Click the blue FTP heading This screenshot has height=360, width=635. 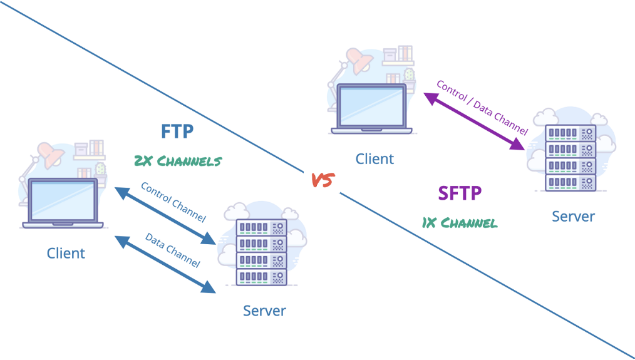coord(177,131)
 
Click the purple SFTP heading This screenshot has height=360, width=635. coord(460,193)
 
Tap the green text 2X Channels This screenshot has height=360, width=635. coord(178,161)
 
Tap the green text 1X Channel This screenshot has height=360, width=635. coord(460,222)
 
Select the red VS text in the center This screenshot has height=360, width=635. coord(323,180)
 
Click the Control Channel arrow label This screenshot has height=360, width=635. coord(173,202)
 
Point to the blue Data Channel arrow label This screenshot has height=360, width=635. coord(172,250)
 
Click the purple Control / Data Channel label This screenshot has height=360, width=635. coord(482,107)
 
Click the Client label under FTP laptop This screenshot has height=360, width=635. coord(66,254)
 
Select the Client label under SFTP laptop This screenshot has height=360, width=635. coord(374,159)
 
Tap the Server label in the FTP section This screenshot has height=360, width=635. coord(264,311)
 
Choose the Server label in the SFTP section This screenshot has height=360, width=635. coord(573,217)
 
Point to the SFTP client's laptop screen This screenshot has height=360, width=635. coord(371,105)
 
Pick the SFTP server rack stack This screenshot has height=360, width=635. coord(570,158)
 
